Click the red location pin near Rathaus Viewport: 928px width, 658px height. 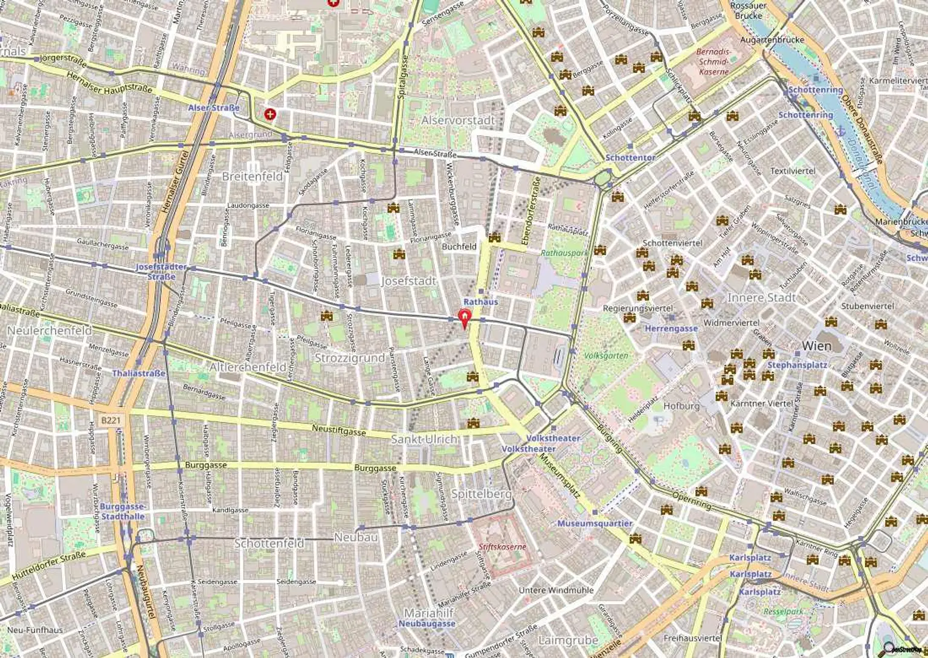pos(464,317)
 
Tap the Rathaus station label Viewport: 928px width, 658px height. pos(481,302)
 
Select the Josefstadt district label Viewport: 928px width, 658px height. pos(408,281)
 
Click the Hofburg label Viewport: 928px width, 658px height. pos(681,406)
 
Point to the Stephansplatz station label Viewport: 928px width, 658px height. pos(797,365)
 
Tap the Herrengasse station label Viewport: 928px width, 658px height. pos(671,329)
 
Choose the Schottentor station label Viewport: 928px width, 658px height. pos(630,157)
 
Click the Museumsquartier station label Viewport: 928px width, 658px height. pos(594,523)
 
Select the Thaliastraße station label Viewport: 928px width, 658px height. pos(138,373)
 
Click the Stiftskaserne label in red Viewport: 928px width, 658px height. pos(501,547)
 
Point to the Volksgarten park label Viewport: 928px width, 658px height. pos(606,356)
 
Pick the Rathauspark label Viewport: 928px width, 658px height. pos(564,253)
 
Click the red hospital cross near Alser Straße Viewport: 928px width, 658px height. pos(270,114)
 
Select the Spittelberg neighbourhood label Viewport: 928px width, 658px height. pos(481,494)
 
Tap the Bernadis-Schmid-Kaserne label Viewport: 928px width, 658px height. pos(714,62)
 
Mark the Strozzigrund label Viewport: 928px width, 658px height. pos(350,358)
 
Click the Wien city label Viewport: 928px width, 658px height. pos(816,346)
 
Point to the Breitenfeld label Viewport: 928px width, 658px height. pos(253,176)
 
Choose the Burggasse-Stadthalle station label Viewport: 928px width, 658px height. pos(123,511)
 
